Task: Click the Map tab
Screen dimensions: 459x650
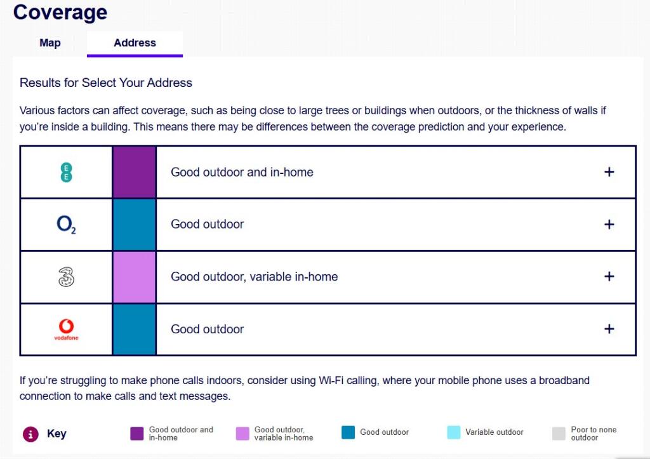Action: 50,43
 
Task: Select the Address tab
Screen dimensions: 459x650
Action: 135,43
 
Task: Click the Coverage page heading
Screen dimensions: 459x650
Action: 60,12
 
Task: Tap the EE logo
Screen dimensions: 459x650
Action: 66,172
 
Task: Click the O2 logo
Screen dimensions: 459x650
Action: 66,225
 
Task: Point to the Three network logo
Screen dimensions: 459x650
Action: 66,277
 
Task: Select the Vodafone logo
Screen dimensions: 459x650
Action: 66,329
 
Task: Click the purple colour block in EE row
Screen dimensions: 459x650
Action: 134,172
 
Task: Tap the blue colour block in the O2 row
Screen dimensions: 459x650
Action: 134,225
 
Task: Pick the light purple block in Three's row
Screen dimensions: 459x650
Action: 134,277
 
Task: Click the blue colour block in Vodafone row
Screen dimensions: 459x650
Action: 134,329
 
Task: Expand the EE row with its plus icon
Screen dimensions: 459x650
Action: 609,172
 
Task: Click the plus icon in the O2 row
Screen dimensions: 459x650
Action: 609,225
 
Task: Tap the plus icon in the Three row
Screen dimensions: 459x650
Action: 609,277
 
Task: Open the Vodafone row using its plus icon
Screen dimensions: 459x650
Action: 609,329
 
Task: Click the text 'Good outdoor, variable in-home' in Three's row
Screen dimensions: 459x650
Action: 254,277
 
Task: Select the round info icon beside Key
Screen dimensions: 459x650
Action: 30,434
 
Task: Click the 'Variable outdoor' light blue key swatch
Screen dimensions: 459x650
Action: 453,433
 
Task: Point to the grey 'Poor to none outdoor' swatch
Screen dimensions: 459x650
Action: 559,434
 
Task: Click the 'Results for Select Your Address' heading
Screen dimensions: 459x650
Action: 106,83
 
